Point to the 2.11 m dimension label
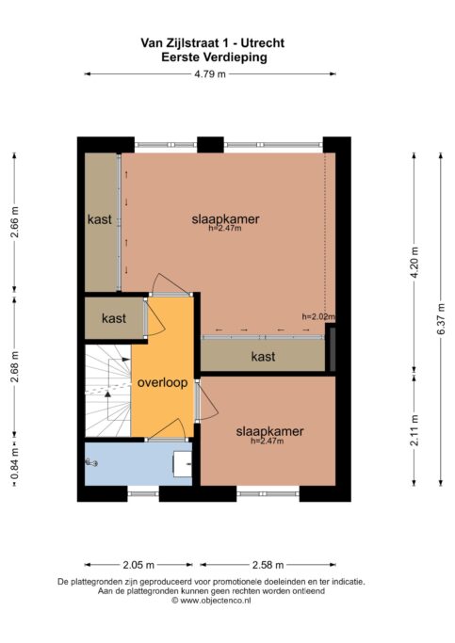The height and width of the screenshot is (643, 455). coord(413,428)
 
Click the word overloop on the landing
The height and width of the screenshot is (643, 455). coord(162,383)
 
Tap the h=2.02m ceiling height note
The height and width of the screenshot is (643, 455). coord(318,316)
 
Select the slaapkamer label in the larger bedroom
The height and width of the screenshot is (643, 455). coord(225,218)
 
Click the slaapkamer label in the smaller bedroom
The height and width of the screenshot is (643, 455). coord(270,430)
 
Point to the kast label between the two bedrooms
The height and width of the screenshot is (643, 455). coord(263,357)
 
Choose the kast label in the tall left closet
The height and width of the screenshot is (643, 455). coord(100,219)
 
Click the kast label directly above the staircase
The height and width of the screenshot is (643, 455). coord(113,318)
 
